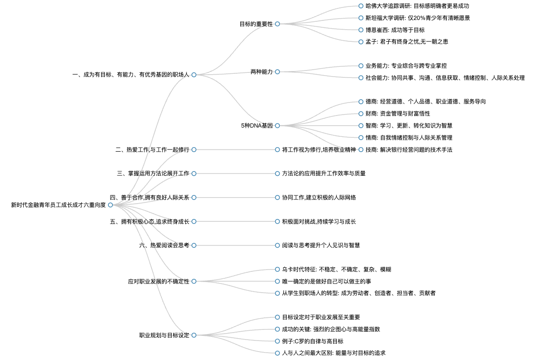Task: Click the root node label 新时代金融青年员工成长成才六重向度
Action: coord(58,205)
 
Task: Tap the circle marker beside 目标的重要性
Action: coord(277,24)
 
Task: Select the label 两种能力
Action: coord(262,72)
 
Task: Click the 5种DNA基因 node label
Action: coord(257,126)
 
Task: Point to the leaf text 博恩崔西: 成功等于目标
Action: coord(395,30)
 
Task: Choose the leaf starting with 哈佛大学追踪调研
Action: coord(417,6)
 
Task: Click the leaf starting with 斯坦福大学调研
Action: coord(418,18)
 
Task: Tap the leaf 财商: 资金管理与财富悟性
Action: coord(398,114)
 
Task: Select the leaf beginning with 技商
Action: coord(409,150)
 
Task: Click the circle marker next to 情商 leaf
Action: coord(361,138)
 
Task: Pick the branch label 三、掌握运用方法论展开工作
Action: coord(153,174)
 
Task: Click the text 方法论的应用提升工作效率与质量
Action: coord(323,174)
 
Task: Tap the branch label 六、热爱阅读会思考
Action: coord(164,245)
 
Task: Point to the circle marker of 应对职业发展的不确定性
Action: coord(194,281)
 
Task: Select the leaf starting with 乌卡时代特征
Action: coord(336,270)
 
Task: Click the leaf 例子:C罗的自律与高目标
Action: coord(313,341)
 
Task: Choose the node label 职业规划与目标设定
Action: coord(164,335)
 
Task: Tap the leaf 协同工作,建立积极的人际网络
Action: coord(319,198)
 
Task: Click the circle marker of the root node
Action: coord(110,205)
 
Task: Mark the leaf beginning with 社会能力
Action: coord(445,78)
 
